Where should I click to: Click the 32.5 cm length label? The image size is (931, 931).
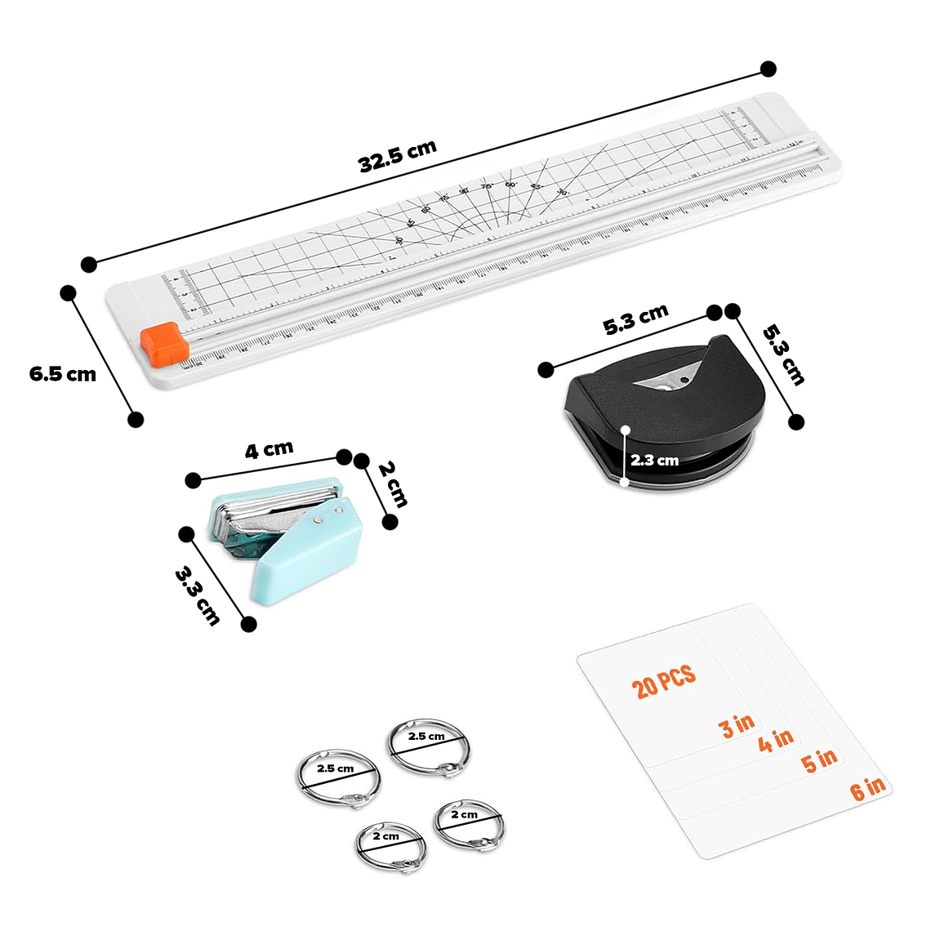(398, 156)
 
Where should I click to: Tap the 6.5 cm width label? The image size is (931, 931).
(63, 374)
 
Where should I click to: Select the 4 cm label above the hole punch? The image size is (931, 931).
(269, 450)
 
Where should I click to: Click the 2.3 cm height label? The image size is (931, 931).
(654, 461)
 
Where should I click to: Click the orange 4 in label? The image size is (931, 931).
(775, 741)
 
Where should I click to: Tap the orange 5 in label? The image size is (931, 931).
(819, 760)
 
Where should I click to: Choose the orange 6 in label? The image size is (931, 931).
(867, 788)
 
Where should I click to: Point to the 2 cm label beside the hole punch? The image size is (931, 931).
(392, 483)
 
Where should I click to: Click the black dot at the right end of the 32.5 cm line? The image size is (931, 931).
(768, 69)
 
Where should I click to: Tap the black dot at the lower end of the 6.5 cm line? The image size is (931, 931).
(136, 419)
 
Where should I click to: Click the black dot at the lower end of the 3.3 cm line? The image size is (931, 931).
(250, 624)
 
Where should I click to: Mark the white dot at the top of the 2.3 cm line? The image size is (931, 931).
(625, 428)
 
